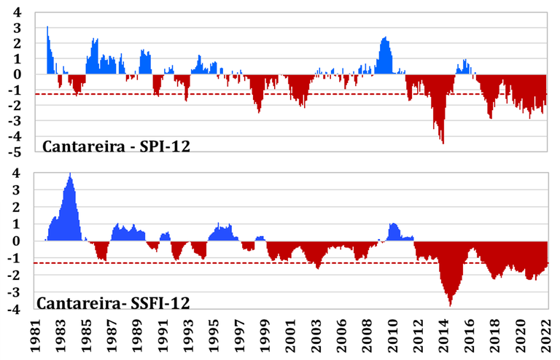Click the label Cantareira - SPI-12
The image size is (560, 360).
116,146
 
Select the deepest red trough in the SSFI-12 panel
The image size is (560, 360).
450,305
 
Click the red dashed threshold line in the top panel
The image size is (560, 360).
219,93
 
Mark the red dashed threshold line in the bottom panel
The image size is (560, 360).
219,263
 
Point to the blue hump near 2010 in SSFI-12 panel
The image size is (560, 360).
394,225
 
